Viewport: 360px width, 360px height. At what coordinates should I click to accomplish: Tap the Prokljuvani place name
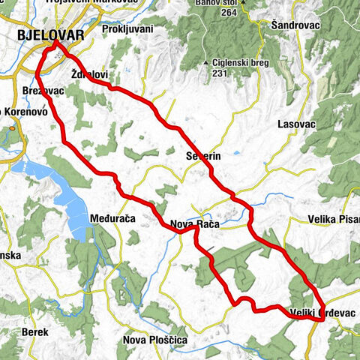[x=128, y=29]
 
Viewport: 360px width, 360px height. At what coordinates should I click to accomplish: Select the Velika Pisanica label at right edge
[x=334, y=220]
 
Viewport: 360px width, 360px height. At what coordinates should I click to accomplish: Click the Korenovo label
[x=27, y=110]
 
